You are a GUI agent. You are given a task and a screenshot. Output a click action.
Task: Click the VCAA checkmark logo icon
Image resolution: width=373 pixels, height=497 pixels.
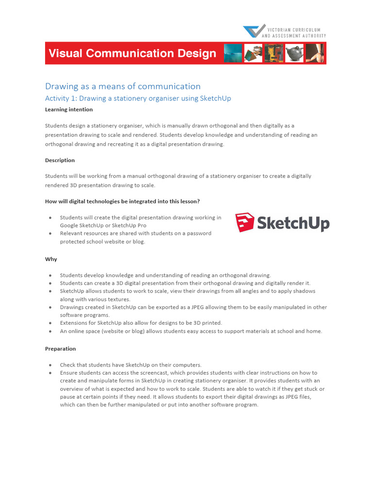pyautogui.click(x=254, y=31)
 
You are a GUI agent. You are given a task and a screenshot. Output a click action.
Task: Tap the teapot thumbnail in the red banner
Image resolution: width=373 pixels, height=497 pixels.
pyautogui.click(x=294, y=53)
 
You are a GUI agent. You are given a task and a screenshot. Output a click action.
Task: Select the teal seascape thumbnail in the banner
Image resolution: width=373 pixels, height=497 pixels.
pyautogui.click(x=233, y=53)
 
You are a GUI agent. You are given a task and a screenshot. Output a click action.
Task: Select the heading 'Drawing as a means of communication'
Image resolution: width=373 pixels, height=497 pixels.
pyautogui.click(x=122, y=86)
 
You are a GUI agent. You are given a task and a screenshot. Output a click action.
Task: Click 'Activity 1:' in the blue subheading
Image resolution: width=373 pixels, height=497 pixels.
pyautogui.click(x=61, y=99)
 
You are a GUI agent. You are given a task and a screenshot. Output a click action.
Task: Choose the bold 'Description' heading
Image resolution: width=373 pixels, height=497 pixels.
pyautogui.click(x=60, y=160)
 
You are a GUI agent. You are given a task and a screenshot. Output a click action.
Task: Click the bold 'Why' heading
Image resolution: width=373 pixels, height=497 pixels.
pyautogui.click(x=51, y=259)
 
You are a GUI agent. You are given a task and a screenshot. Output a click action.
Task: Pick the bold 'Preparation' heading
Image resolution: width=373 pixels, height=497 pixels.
pyautogui.click(x=60, y=348)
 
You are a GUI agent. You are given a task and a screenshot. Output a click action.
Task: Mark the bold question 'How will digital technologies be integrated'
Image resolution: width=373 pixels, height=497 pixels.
pyautogui.click(x=122, y=201)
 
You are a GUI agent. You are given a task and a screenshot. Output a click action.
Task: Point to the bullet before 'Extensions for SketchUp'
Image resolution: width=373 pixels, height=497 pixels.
pyautogui.click(x=50, y=323)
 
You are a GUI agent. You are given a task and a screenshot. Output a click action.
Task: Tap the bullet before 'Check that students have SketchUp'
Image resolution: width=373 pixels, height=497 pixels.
pyautogui.click(x=50, y=364)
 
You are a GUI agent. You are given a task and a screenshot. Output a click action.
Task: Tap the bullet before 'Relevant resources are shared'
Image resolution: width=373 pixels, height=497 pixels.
pyautogui.click(x=50, y=233)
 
